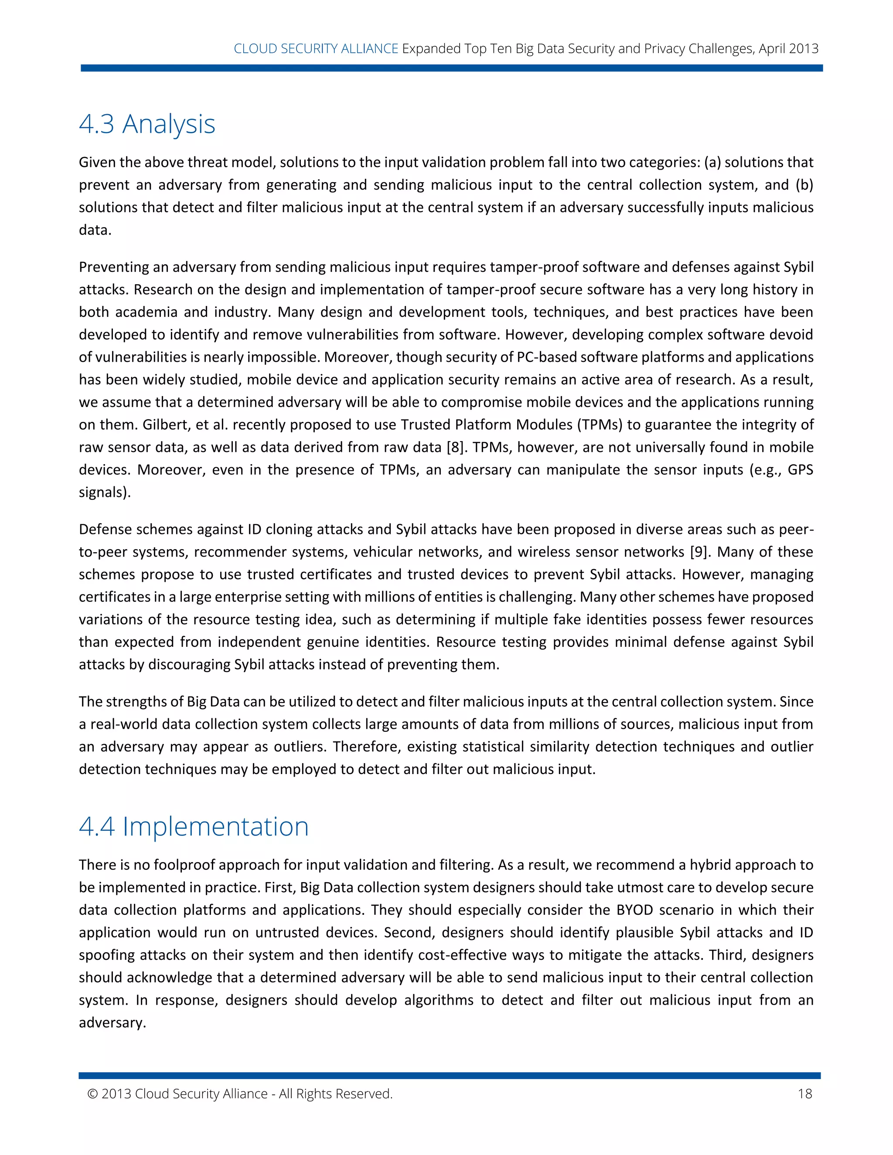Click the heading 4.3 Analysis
point(147,124)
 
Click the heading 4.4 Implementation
point(194,826)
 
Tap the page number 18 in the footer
point(804,1094)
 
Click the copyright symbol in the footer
point(92,1094)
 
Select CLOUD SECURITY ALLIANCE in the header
point(316,49)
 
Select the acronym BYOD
point(642,910)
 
